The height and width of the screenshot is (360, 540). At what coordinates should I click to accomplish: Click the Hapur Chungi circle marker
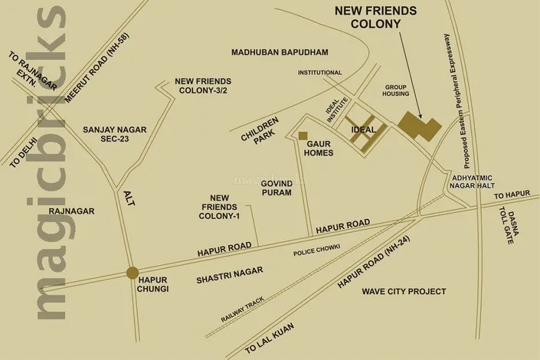[x=133, y=272]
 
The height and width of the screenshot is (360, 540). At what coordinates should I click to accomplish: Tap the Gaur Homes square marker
[x=303, y=136]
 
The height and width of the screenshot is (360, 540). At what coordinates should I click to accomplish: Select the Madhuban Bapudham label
[x=280, y=52]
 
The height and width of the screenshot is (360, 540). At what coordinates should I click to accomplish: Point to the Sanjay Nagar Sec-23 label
[x=114, y=136]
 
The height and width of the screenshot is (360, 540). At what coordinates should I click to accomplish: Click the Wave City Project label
[x=404, y=292]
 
